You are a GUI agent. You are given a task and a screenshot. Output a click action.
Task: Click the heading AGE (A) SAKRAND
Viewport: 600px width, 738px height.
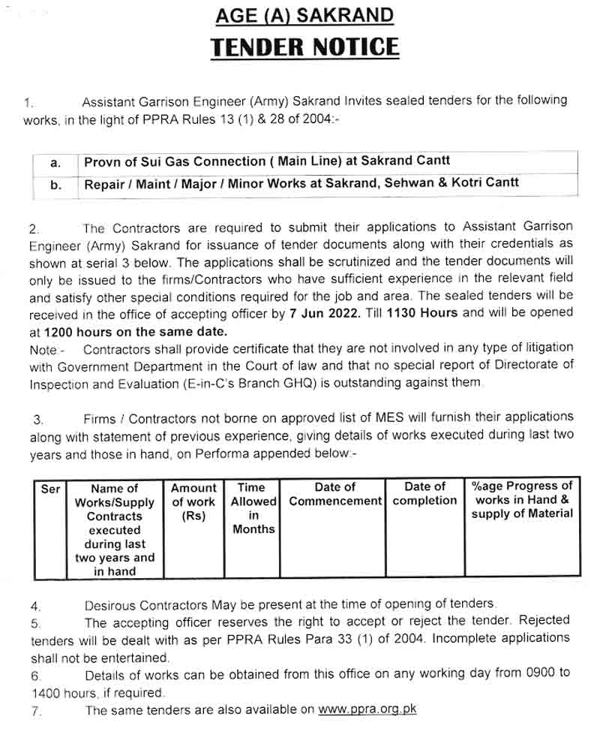304,16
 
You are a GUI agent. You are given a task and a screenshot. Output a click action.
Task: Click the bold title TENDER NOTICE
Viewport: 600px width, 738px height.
304,47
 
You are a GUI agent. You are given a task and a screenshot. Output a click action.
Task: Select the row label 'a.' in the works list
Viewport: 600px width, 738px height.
55,162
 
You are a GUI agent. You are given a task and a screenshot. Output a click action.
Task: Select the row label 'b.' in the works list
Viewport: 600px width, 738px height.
55,184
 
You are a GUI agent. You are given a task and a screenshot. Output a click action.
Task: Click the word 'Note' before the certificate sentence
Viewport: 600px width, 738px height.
43,349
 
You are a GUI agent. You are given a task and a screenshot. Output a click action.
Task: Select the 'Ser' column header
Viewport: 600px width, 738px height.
50,489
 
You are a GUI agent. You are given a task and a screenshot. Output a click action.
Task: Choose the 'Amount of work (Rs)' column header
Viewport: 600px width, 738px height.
193,502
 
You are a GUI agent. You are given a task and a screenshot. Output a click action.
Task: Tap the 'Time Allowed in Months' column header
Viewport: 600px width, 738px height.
253,508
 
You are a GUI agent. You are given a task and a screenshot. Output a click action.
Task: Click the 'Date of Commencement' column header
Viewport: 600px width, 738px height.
335,494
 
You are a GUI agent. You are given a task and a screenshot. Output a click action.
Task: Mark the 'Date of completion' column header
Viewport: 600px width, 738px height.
424,493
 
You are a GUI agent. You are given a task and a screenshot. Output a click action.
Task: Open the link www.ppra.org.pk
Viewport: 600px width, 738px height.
367,709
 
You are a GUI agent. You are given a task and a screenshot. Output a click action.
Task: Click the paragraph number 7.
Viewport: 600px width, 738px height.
35,710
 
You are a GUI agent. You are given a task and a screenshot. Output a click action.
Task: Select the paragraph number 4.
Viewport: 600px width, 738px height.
35,605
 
